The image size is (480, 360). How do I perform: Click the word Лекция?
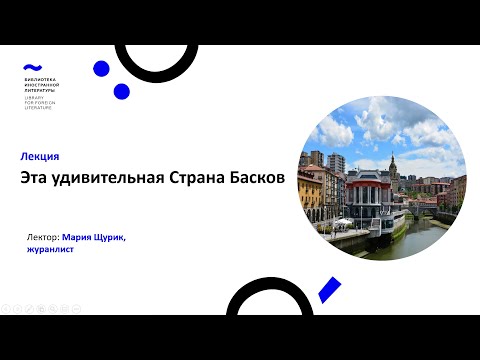40,156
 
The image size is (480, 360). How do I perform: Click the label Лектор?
43,238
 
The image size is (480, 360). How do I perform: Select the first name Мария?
77,238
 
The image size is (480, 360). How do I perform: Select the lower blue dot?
121,91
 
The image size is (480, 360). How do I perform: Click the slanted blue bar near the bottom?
329,291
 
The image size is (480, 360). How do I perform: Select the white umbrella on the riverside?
345,221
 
